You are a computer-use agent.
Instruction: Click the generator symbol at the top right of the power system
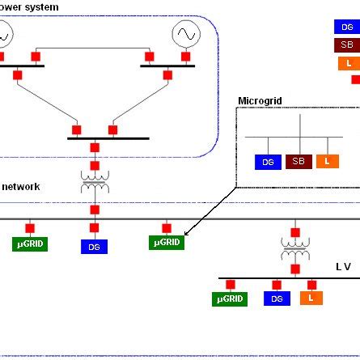[x=185, y=34]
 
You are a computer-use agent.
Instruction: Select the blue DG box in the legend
[x=346, y=26]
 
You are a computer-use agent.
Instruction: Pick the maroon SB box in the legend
[x=346, y=44]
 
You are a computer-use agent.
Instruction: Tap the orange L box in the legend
[x=348, y=63]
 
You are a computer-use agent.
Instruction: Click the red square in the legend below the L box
[x=355, y=79]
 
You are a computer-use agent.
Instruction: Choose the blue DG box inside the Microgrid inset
[x=268, y=162]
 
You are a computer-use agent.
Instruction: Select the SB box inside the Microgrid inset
[x=299, y=162]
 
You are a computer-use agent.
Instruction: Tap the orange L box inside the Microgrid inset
[x=328, y=162]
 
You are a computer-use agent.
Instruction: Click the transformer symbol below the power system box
[x=95, y=179]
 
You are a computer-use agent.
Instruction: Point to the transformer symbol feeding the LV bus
[x=294, y=248]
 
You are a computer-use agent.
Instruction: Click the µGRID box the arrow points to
[x=166, y=242]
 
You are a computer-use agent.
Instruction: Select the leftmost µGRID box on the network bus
[x=31, y=243]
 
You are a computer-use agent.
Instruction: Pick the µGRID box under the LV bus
[x=230, y=299]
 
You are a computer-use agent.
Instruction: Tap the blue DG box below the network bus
[x=94, y=246]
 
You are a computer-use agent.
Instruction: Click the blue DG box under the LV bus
[x=277, y=299]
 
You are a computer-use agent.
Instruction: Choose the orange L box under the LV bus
[x=311, y=298]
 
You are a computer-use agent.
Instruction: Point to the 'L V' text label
[x=344, y=266]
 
